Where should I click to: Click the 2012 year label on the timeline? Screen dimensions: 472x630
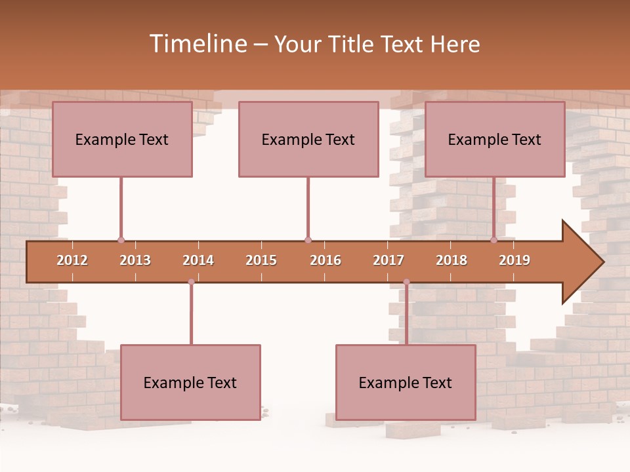[72, 260]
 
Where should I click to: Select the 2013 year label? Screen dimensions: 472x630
[135, 260]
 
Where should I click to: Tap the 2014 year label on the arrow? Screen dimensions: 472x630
[198, 260]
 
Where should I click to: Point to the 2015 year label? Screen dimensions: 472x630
[261, 260]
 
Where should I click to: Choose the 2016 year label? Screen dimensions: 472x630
[325, 260]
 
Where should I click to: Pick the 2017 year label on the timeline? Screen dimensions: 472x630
[388, 260]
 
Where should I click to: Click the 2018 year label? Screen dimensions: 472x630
[451, 260]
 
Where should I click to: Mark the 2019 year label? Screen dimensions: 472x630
[514, 260]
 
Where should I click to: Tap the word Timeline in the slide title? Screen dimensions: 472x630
[196, 44]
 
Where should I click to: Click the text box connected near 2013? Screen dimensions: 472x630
[122, 139]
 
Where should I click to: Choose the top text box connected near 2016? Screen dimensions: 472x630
[308, 139]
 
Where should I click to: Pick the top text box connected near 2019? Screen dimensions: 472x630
[495, 139]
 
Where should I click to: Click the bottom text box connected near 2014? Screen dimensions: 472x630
[190, 382]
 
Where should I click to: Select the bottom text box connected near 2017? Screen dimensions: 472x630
[406, 382]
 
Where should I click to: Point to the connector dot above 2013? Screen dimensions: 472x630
[121, 240]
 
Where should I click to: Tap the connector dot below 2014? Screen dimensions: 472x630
[191, 282]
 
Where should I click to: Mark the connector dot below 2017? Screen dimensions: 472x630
[406, 282]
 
